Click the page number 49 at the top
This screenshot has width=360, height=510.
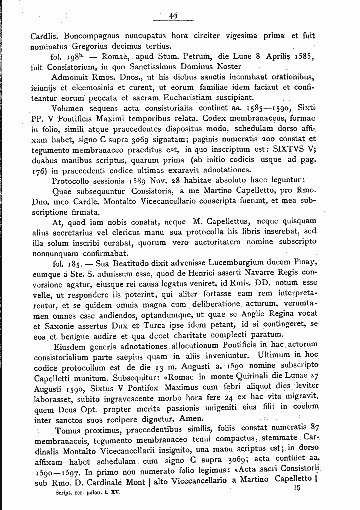[173, 16]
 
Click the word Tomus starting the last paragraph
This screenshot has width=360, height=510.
[68, 430]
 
